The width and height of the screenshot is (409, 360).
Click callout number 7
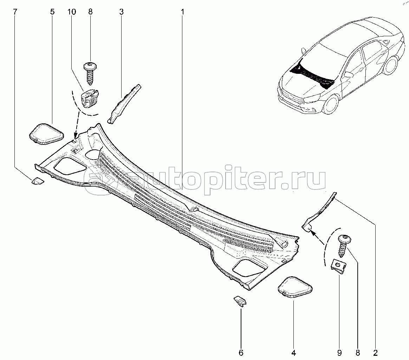point(15,12)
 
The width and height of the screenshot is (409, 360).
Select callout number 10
point(72,12)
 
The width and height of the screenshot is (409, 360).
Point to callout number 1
point(183,12)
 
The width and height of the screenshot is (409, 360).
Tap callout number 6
point(241,352)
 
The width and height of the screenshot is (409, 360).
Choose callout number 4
point(294,352)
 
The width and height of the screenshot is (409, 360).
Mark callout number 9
point(339,352)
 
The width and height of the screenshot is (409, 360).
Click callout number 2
point(375,352)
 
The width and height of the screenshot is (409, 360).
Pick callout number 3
point(121,12)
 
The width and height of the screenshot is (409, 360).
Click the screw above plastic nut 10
point(90,73)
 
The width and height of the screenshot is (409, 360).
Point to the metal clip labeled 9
point(338,265)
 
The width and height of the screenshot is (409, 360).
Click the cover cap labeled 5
point(46,134)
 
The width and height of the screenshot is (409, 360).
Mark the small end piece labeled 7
point(37,181)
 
